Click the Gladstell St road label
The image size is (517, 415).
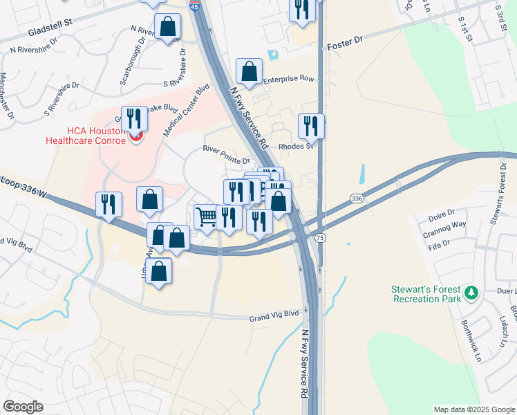point(51,33)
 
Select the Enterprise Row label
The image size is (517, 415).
point(288,79)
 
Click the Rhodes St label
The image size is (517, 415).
point(296,146)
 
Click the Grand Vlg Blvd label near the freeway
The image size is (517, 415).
point(274,315)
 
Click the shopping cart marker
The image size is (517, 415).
point(205,217)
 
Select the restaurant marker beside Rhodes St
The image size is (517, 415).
point(311,126)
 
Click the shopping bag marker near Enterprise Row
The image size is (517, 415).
point(249,71)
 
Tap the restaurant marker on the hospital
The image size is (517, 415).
point(134,118)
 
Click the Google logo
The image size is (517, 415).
point(23,407)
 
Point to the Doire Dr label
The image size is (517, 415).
point(442,212)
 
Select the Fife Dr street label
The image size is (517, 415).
point(439,244)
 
